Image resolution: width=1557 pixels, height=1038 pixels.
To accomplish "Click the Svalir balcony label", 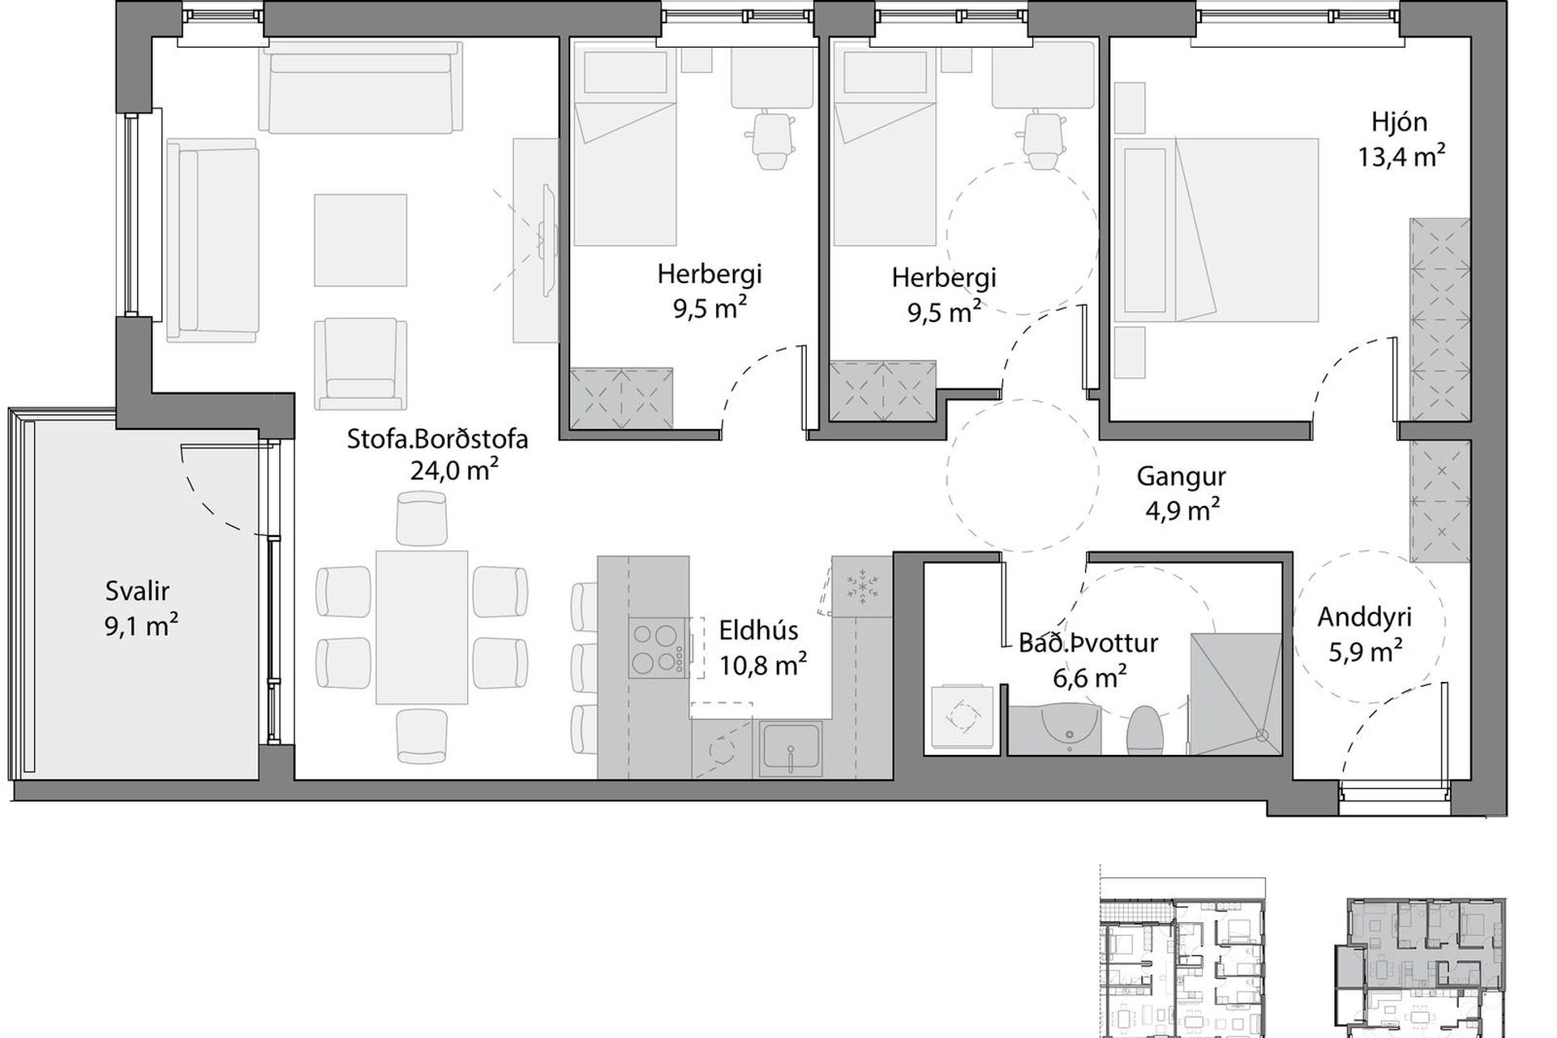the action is (x=137, y=591).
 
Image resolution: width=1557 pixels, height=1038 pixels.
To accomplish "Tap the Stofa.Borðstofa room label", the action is (x=438, y=439).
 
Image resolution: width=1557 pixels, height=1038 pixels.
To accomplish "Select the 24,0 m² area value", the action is (x=453, y=470).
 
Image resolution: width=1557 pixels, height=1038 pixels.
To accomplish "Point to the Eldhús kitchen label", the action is (x=759, y=630).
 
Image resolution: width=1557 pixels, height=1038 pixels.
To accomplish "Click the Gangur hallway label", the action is (x=1181, y=477).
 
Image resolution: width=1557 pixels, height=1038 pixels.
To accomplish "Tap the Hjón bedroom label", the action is (x=1400, y=122).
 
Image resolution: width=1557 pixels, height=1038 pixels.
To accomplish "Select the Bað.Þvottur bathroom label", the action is (x=1088, y=643).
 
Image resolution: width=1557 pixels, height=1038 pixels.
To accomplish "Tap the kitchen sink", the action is (x=791, y=748).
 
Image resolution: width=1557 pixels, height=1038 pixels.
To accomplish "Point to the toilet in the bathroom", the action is (x=1146, y=730).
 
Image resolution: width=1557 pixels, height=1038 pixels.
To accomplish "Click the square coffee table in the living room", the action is (x=361, y=239).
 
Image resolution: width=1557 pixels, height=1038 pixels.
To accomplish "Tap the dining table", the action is (x=422, y=627).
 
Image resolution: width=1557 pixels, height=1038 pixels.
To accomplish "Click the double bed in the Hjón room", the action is (x=1216, y=230).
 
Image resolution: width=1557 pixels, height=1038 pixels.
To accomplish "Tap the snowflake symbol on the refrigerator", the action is (x=862, y=587).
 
